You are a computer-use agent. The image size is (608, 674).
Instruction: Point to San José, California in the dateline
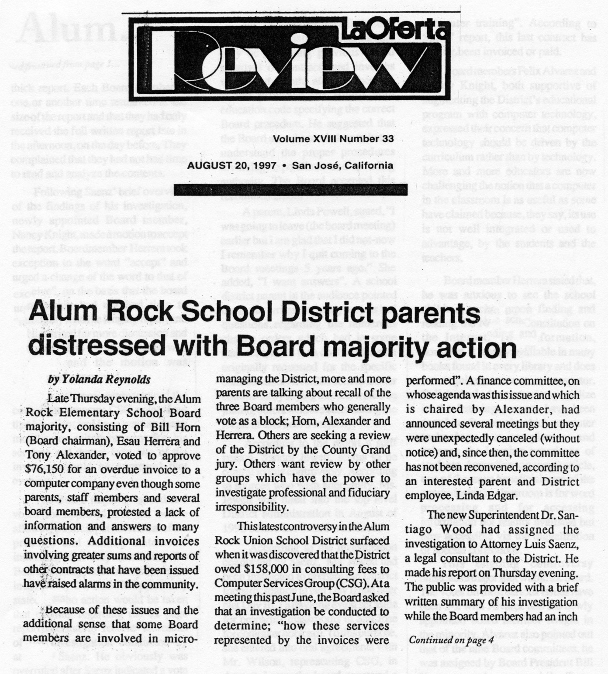[x=342, y=166]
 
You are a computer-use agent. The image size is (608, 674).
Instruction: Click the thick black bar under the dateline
[x=290, y=189]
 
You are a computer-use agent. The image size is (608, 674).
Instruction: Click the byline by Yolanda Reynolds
[x=99, y=380]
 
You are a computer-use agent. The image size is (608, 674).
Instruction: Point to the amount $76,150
[x=46, y=469]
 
